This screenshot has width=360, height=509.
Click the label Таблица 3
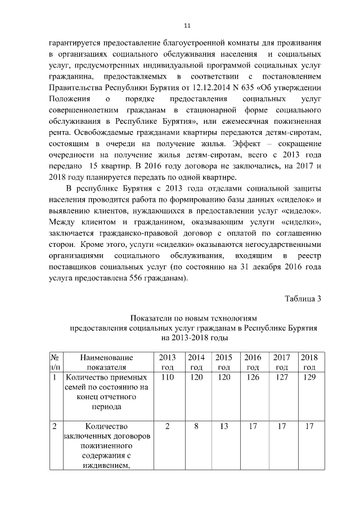click(x=303, y=298)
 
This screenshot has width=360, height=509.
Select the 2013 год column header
click(x=167, y=362)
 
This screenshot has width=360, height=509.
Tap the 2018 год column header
click(x=309, y=362)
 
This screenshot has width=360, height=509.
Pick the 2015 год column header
click(x=224, y=362)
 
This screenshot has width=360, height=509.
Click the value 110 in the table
click(x=167, y=377)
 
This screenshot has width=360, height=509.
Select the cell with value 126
click(x=253, y=377)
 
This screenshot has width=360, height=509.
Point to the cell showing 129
click(x=309, y=377)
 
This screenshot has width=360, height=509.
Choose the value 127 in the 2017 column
click(x=281, y=377)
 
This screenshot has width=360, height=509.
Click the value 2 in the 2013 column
click(x=167, y=426)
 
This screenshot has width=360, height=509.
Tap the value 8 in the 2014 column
click(x=196, y=426)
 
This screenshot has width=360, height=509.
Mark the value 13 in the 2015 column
click(x=224, y=426)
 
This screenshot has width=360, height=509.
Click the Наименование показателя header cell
click(x=106, y=362)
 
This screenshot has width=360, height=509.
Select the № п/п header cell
click(x=56, y=362)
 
